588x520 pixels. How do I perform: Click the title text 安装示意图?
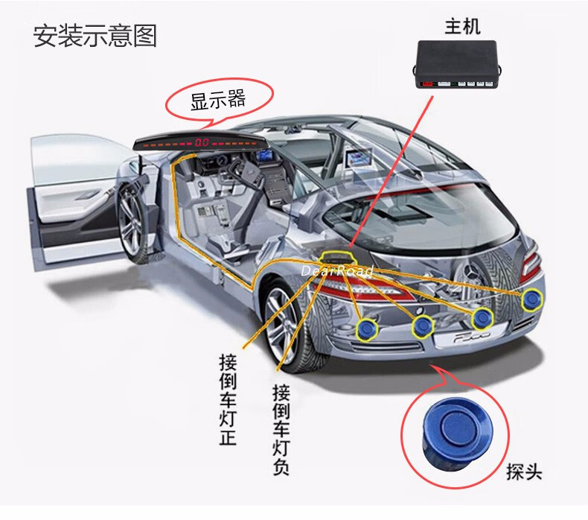[95, 36]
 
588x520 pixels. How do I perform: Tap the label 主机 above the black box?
[461, 28]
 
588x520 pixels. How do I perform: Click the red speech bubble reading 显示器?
[217, 100]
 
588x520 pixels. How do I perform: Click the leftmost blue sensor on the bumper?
[366, 328]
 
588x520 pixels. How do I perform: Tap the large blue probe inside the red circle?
[451, 428]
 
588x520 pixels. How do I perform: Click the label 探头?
[523, 472]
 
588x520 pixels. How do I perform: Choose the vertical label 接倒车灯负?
[281, 428]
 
